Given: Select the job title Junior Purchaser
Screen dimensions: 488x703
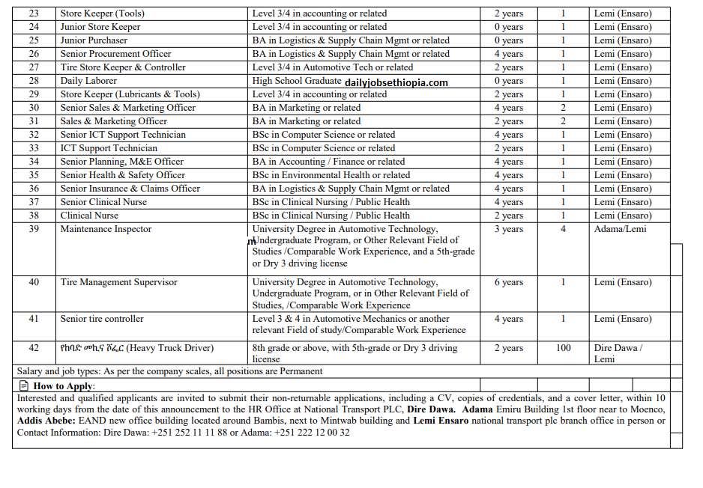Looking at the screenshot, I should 94,40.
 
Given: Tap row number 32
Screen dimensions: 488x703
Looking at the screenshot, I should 34,135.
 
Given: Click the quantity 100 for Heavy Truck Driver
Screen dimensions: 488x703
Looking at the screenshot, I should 563,348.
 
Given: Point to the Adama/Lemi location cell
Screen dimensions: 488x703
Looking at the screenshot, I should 620,229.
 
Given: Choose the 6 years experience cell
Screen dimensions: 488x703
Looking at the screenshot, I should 509,282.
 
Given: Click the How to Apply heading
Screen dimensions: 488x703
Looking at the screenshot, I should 64,386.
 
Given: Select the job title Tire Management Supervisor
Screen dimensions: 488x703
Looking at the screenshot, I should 118,282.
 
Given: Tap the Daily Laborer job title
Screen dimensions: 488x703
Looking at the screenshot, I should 88,81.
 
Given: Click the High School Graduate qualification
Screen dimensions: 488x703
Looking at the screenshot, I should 297,81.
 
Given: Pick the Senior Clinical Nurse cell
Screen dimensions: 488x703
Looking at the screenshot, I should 103,202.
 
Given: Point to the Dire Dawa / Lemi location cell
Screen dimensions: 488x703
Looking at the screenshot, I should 618,353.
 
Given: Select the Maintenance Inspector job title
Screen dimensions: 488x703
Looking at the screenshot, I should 106,229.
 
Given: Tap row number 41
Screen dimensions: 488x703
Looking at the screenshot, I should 34,319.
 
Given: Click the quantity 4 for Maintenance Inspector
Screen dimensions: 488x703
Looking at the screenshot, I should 563,229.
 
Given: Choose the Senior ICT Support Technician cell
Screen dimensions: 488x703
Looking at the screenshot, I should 112,135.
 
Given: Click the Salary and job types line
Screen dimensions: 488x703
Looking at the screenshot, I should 169,371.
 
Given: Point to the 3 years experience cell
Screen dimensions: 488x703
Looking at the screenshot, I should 509,229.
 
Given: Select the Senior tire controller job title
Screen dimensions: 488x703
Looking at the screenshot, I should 102,319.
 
